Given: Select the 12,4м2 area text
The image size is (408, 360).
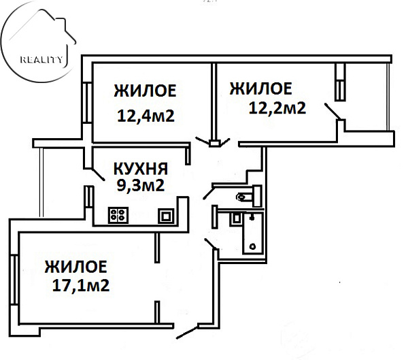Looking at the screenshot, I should tap(146, 116).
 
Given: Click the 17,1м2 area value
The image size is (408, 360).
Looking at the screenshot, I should tap(81, 285).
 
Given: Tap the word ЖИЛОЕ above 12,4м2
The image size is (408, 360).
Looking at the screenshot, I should tap(146, 91).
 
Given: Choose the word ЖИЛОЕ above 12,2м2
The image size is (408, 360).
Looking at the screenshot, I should tap(261, 88).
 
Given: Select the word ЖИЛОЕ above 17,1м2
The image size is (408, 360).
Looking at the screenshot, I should tap(75, 266).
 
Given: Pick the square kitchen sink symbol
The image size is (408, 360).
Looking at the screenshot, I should tap(165, 216).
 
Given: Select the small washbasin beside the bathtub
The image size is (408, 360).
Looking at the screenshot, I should tap(236, 218).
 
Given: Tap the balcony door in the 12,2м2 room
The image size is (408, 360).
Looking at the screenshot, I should tap(333, 112).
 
